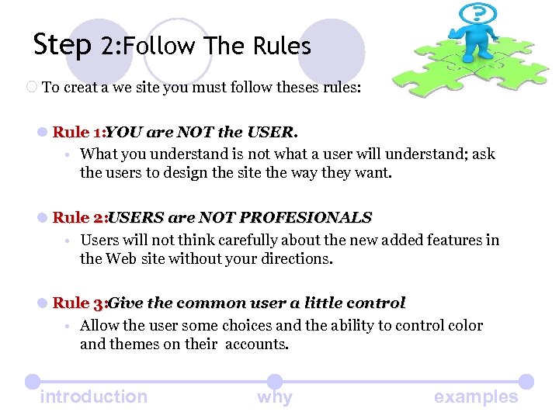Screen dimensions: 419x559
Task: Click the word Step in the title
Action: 62,45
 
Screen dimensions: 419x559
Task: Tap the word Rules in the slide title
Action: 282,47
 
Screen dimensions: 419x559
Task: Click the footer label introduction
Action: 93,396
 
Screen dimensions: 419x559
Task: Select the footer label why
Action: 275,397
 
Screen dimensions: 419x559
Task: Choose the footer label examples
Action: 476,396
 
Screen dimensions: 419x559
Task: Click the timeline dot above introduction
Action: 32,381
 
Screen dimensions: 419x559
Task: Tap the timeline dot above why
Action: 275,381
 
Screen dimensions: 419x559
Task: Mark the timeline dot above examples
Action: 526,381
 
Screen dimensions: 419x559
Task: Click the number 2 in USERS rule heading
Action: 98,217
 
